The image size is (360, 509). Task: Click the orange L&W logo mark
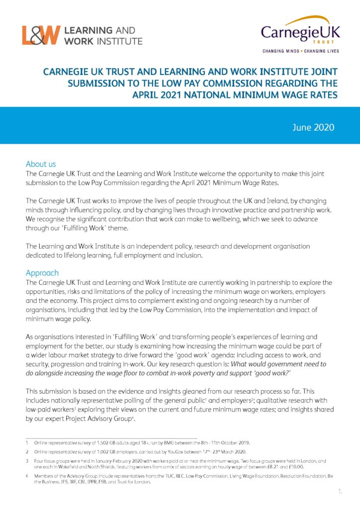(41, 35)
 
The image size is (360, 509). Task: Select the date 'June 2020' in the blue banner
(314, 128)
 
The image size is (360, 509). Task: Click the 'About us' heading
(41, 164)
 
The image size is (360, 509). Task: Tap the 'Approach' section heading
(42, 273)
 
